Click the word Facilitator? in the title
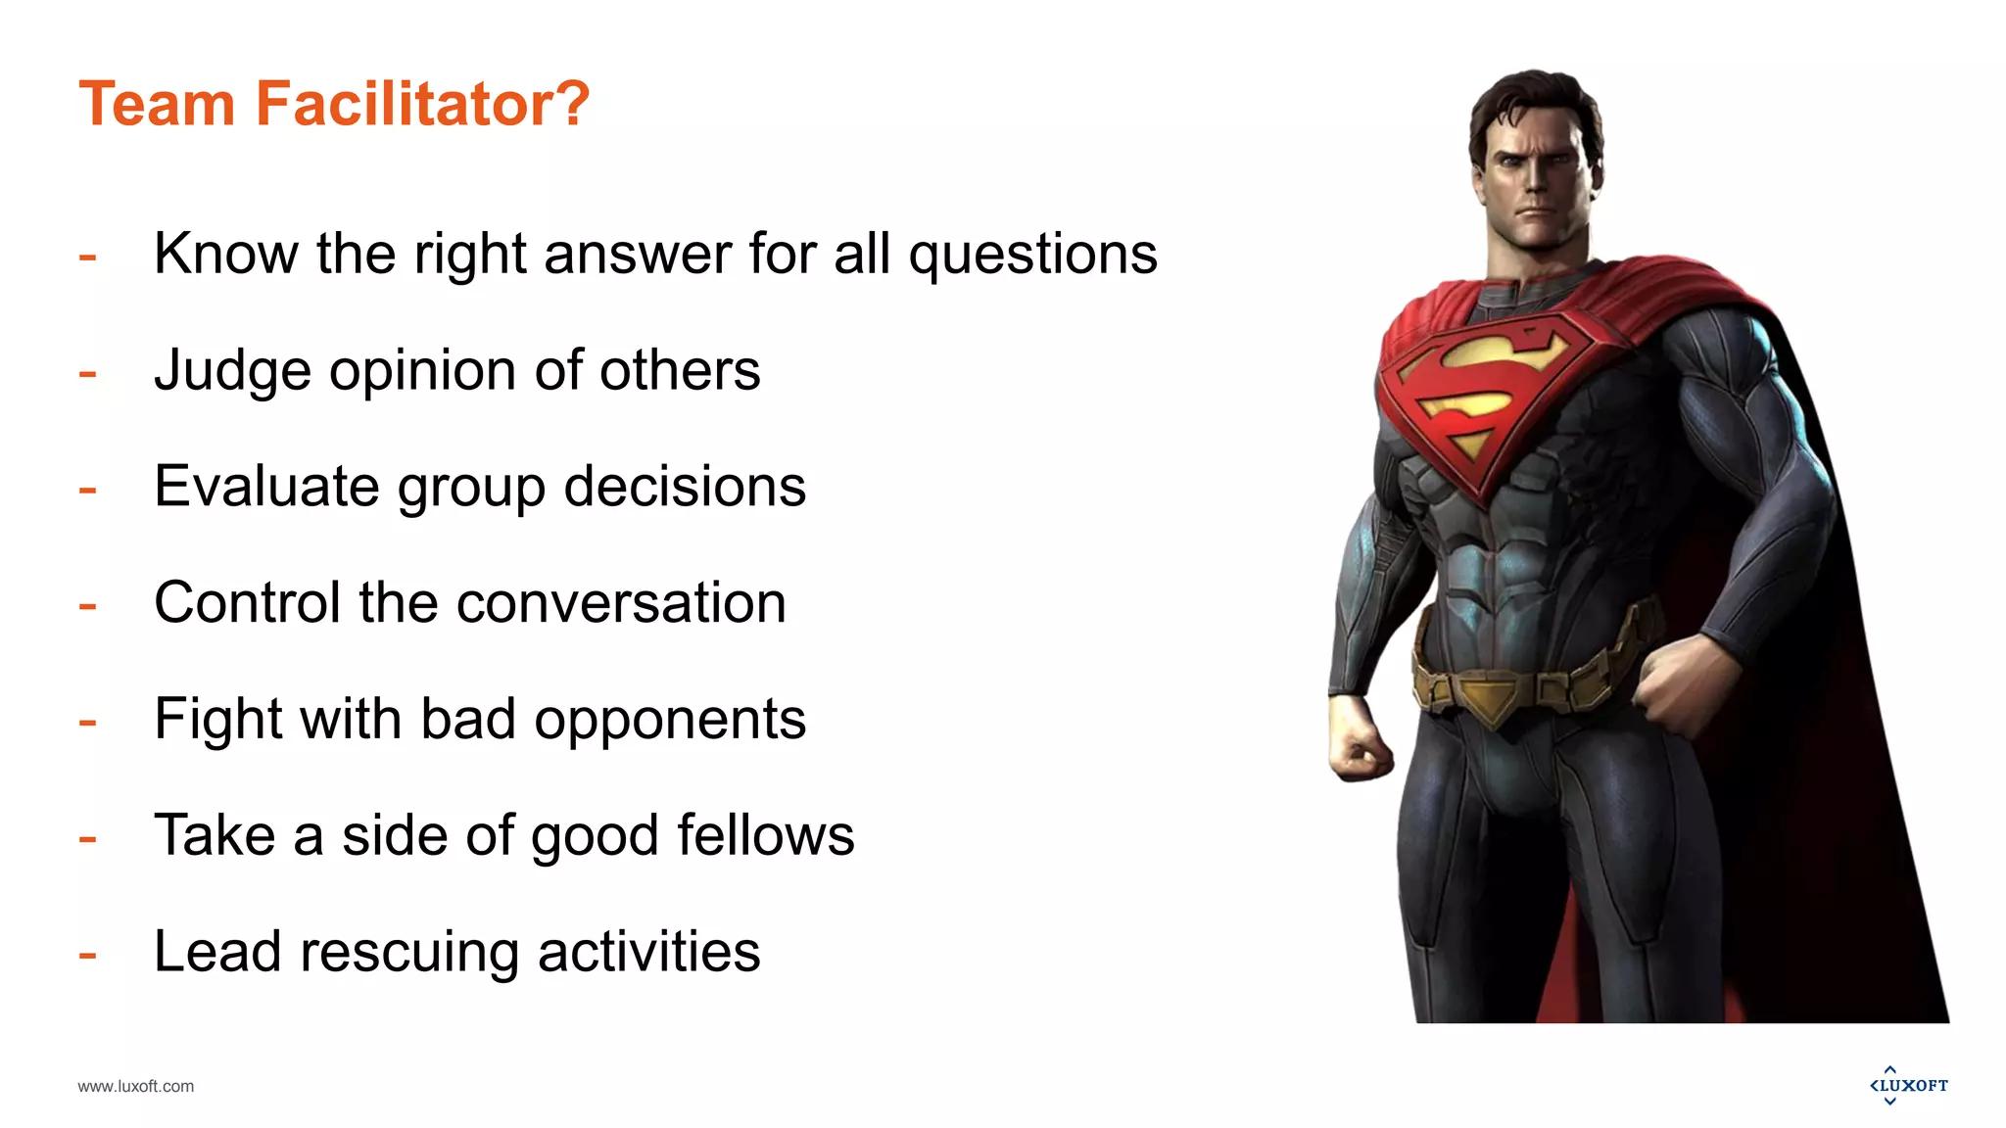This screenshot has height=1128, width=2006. point(422,104)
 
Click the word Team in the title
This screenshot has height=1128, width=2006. point(157,104)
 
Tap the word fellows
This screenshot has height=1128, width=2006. point(765,835)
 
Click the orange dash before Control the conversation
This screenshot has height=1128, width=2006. point(88,606)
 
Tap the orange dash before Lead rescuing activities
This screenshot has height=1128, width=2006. point(88,954)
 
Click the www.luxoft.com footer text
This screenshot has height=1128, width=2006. point(136,1086)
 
